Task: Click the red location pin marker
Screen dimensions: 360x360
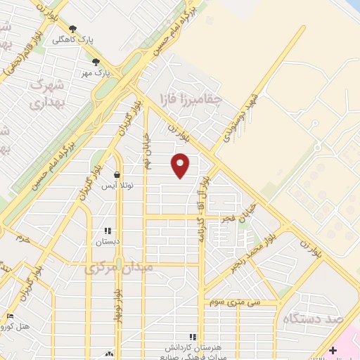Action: click(181, 165)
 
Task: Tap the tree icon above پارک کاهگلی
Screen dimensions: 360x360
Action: click(72, 29)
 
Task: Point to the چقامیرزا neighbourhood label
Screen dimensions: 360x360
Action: click(191, 98)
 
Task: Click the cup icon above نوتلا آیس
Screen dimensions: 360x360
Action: click(117, 174)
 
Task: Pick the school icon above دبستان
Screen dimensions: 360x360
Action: click(107, 231)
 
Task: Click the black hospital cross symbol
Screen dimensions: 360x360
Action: click(334, 350)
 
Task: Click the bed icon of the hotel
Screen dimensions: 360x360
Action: click(10, 316)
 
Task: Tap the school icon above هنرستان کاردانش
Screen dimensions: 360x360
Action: click(192, 337)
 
